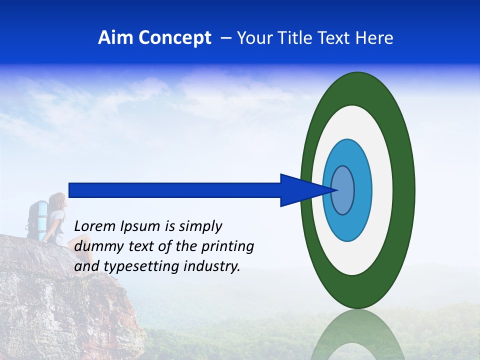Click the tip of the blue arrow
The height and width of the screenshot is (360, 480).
pos(336,190)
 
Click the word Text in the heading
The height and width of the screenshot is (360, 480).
pos(336,38)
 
